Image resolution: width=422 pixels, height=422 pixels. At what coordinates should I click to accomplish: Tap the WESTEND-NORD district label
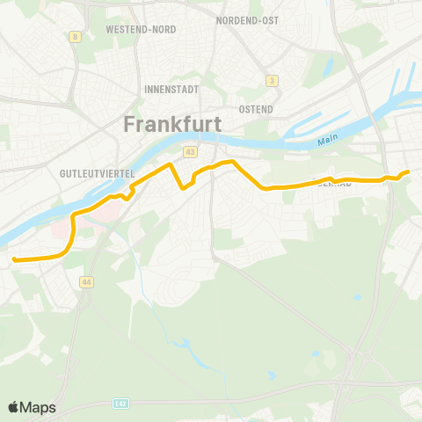(x=141, y=29)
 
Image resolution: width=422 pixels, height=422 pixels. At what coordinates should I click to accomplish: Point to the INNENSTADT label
(x=171, y=90)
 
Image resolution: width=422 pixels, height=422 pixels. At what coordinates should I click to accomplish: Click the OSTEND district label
(x=255, y=110)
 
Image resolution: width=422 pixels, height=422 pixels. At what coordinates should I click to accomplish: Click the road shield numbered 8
(x=76, y=37)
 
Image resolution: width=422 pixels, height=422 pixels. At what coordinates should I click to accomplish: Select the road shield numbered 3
(x=273, y=81)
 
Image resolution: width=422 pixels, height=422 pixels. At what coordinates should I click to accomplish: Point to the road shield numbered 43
(x=190, y=152)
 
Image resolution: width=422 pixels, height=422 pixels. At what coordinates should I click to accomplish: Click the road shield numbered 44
(x=85, y=282)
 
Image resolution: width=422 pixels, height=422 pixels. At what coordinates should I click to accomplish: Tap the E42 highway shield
(x=120, y=404)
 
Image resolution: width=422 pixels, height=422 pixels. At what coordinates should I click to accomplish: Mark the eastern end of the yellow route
(x=409, y=171)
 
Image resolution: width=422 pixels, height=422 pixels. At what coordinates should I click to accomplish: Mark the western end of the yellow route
(x=14, y=258)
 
